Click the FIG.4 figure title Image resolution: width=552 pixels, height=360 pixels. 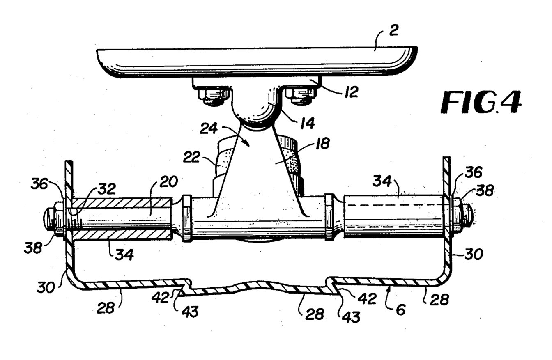481,103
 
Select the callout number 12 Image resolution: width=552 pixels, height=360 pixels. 351,92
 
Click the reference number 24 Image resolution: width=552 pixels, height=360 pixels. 209,128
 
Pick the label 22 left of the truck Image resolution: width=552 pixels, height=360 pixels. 191,157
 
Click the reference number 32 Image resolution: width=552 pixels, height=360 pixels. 107,189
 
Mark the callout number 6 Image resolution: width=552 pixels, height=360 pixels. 400,310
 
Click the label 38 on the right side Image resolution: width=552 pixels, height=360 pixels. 485,190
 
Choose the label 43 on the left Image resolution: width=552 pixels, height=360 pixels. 189,312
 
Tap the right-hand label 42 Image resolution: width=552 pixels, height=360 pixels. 368,298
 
